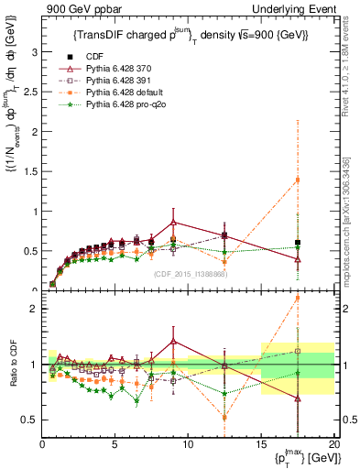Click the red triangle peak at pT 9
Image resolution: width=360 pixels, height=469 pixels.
pos(174,222)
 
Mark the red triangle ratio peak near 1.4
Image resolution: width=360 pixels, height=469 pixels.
pos(174,341)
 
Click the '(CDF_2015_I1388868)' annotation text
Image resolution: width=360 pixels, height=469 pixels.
pos(190,274)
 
